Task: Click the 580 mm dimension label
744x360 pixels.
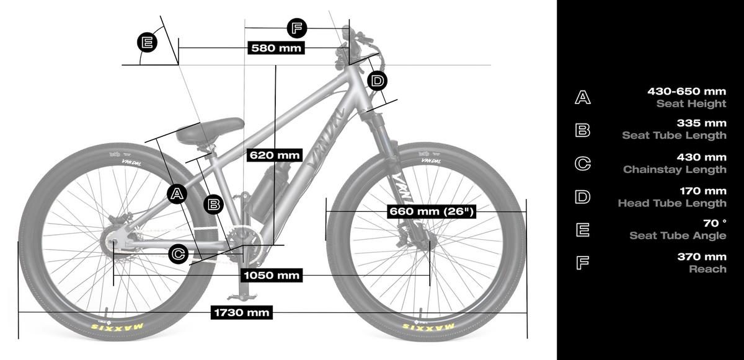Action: click(x=276, y=48)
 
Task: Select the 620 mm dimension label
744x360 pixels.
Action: click(x=275, y=156)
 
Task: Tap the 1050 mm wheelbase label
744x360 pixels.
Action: click(x=272, y=275)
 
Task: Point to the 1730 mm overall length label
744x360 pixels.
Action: click(x=241, y=312)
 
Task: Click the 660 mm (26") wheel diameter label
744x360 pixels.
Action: click(x=432, y=211)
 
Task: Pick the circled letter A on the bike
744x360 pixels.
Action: click(x=177, y=194)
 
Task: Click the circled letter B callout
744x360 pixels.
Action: click(x=213, y=204)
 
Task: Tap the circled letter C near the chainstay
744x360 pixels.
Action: click(x=179, y=255)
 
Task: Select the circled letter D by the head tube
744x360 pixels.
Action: click(x=378, y=81)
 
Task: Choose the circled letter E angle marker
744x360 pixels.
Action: click(x=147, y=43)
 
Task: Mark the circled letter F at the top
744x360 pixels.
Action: click(x=296, y=29)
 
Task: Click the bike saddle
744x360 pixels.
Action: click(x=210, y=130)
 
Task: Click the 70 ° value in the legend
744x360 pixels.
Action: click(x=714, y=223)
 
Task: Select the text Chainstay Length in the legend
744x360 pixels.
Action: click(x=675, y=170)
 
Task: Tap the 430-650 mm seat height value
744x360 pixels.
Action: click(x=686, y=91)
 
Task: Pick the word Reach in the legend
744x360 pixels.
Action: click(x=707, y=269)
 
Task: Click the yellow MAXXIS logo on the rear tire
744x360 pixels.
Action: click(x=117, y=327)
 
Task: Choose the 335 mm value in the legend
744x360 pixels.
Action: click(x=701, y=123)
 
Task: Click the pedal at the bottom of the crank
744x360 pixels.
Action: click(x=240, y=296)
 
